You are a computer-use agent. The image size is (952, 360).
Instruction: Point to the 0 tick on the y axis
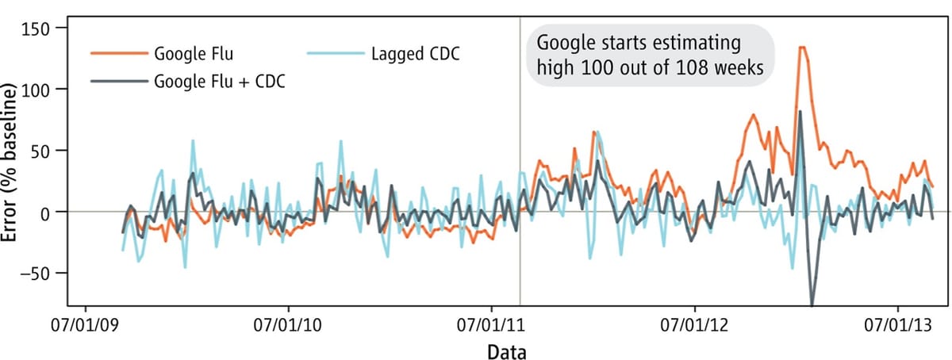pos(62,212)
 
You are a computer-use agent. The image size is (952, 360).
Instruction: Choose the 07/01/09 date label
pos(85,326)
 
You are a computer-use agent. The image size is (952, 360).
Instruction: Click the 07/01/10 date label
pos(288,326)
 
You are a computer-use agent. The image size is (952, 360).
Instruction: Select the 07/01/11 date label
pos(491,326)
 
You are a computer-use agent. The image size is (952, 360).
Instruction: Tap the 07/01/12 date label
pos(695,326)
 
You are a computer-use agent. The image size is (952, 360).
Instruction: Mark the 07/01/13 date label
pos(897,326)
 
